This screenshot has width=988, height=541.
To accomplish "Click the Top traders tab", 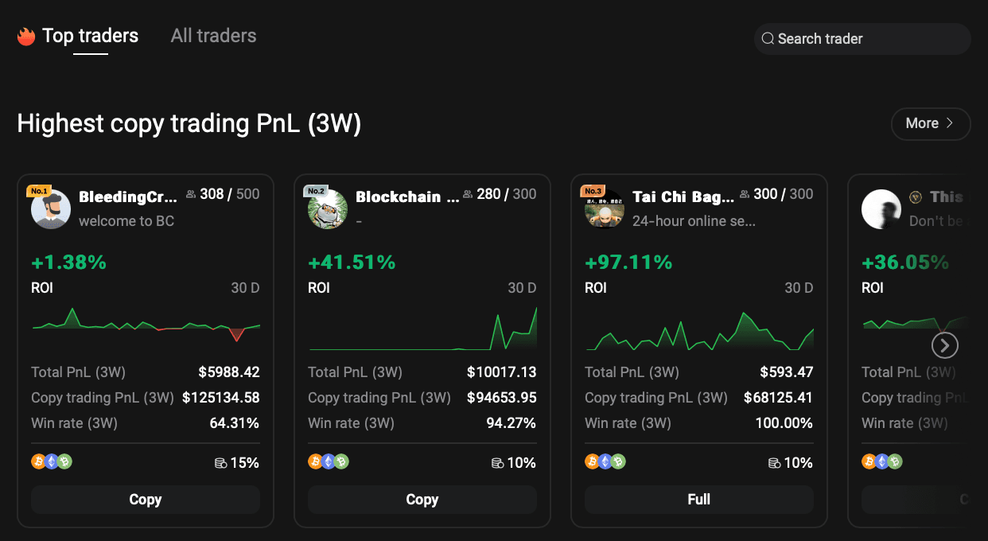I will pyautogui.click(x=90, y=36).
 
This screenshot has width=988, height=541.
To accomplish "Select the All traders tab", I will pyautogui.click(x=213, y=36).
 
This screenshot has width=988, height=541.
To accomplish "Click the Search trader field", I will pyautogui.click(x=862, y=39).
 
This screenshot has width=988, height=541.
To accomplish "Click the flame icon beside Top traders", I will pyautogui.click(x=26, y=37).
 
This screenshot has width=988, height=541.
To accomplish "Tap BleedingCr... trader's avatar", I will pyautogui.click(x=51, y=209).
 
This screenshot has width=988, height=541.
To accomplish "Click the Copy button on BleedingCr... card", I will pyautogui.click(x=146, y=500).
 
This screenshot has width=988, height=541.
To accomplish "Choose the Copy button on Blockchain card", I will pyautogui.click(x=422, y=500).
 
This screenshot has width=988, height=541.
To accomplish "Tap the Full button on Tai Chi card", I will pyautogui.click(x=698, y=500).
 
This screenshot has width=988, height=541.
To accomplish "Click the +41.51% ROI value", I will pyautogui.click(x=352, y=263).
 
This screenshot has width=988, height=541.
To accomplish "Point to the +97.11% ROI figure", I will pyautogui.click(x=628, y=263).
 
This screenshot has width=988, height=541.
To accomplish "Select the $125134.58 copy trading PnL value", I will pyautogui.click(x=221, y=398).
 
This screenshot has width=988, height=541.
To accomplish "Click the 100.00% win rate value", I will pyautogui.click(x=784, y=423).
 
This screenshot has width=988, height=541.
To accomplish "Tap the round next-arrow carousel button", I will pyautogui.click(x=944, y=345).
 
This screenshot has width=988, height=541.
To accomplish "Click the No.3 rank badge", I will pyautogui.click(x=593, y=191).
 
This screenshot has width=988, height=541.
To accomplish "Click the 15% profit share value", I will pyautogui.click(x=244, y=463).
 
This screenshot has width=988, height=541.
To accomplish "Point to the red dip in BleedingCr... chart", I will pyautogui.click(x=236, y=334).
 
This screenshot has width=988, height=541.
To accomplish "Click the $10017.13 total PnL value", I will pyautogui.click(x=501, y=372).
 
